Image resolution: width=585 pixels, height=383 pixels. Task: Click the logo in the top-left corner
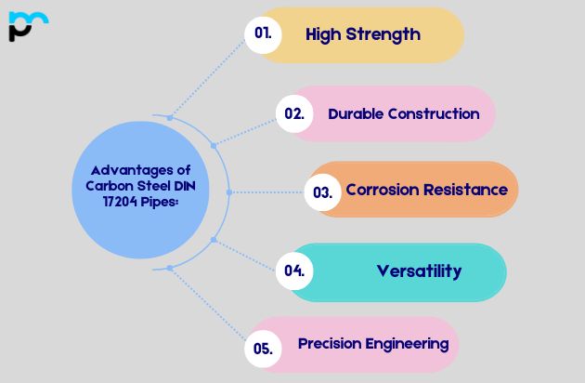point(28,26)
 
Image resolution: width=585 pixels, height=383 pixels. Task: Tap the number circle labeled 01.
point(263,33)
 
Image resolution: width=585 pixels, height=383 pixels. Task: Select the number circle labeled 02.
point(294,113)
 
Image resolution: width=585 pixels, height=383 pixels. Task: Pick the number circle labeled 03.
point(322,192)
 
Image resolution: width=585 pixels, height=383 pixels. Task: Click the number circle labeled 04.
point(294,271)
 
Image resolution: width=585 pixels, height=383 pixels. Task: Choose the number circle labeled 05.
point(263,349)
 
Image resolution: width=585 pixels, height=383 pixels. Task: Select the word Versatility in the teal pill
point(419,271)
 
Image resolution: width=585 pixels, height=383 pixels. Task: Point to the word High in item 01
point(324,34)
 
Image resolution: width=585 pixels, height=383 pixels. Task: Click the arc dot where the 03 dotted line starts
point(227,192)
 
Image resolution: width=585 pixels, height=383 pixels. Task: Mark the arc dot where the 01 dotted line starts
point(169,117)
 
